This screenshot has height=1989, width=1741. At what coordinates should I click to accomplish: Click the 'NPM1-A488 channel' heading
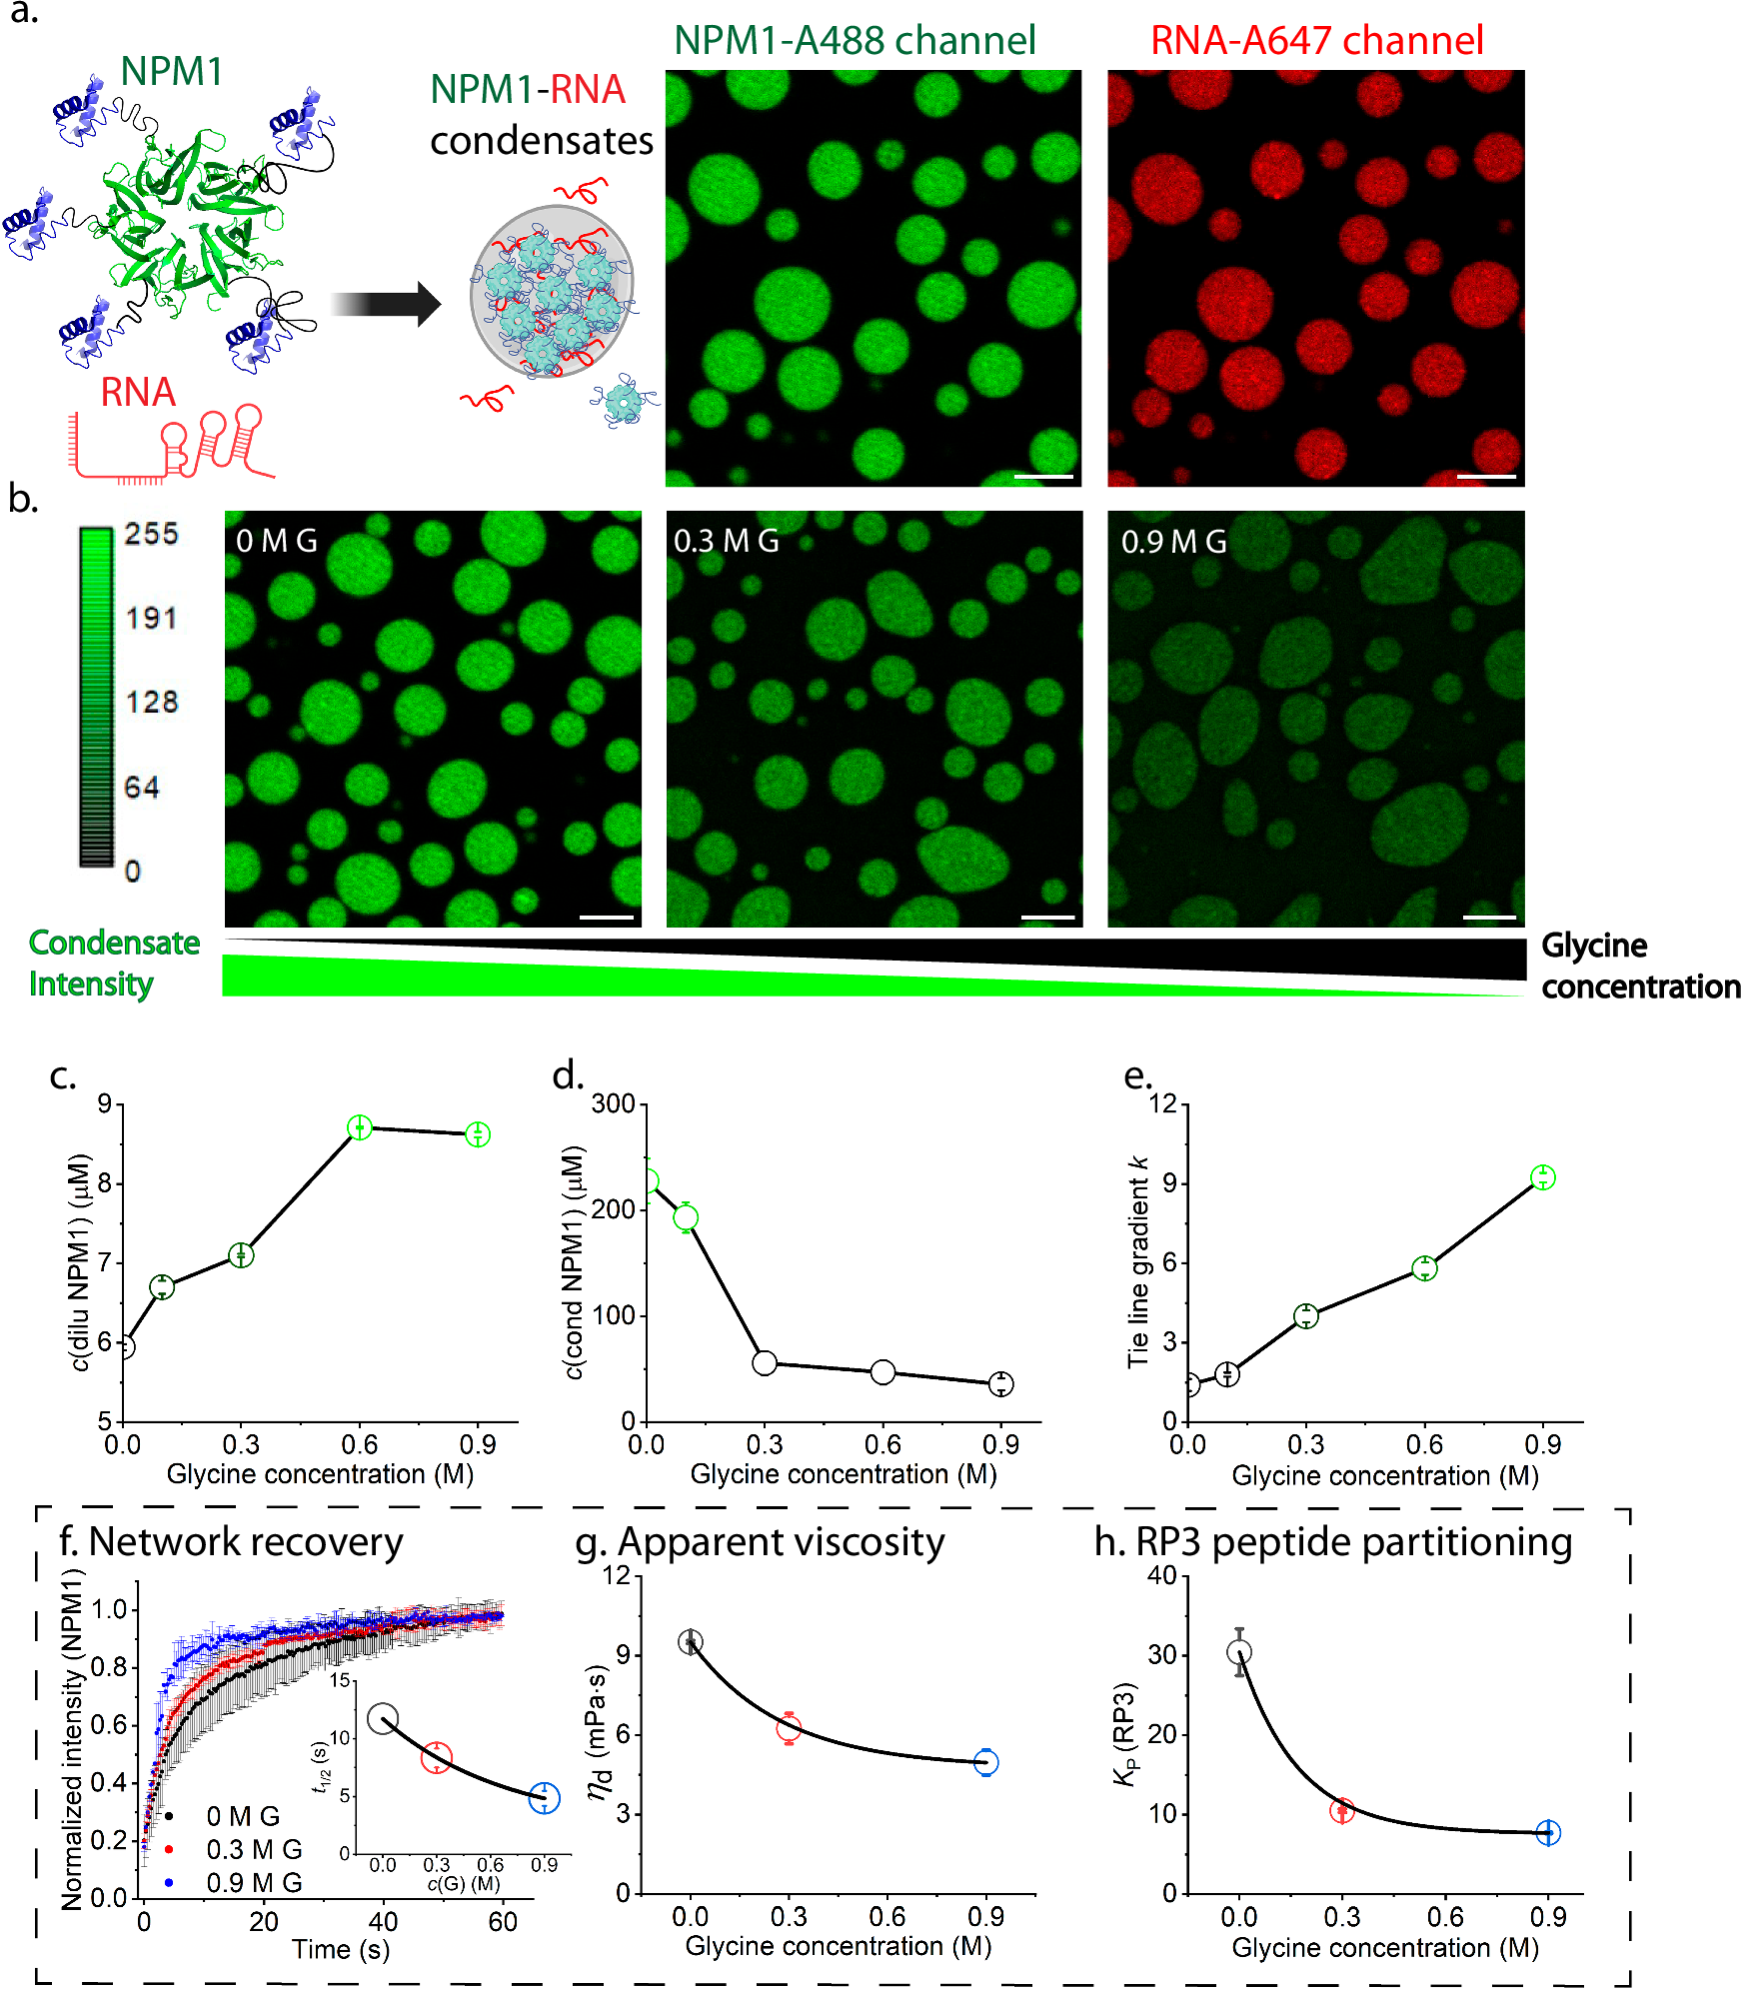pos(855,41)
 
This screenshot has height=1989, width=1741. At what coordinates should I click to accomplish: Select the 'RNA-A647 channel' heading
pos(1316,41)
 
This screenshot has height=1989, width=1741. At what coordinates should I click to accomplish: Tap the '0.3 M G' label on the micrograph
pos(726,542)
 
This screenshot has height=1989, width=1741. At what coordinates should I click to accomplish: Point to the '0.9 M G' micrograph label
pos(1173,542)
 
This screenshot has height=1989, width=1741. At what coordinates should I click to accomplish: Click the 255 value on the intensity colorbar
pos(151,534)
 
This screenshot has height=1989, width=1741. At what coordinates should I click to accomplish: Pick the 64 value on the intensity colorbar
pos(142,788)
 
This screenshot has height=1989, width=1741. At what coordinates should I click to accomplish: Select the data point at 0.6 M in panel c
pos(360,1127)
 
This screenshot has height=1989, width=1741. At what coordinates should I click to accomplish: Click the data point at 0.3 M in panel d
pos(765,1362)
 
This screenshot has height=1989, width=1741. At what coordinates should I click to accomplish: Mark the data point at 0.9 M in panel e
pos(1543,1177)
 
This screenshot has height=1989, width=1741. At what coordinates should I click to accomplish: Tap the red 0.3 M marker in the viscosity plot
pos(789,1728)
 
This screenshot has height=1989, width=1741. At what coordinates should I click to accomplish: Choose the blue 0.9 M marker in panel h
pos(1548,1833)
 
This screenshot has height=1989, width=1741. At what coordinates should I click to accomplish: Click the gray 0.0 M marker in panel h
pos(1239,1653)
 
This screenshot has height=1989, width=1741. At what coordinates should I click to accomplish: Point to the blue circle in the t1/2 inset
pos(544,1798)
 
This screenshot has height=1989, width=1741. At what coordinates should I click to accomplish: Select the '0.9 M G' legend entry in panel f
pos(253,1883)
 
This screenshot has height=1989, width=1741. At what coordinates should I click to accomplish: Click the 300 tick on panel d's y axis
pos(614,1104)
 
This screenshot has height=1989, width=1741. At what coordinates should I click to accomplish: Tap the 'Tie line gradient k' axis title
pos(1137,1262)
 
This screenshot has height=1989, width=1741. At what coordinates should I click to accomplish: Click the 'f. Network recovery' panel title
pos(231,1542)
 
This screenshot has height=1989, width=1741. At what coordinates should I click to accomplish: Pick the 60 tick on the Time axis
pos(503,1922)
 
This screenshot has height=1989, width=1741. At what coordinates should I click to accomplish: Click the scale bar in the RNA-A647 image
pos(1486,477)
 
